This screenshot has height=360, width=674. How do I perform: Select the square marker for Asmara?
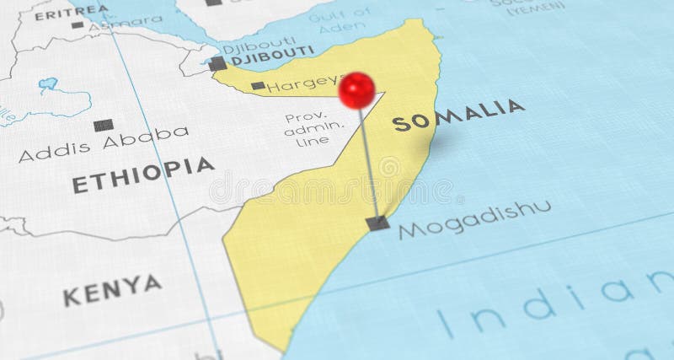coord(78,24)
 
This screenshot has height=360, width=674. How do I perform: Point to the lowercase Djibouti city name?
coord(266,41)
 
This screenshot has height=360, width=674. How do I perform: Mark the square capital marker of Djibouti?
coord(218,63)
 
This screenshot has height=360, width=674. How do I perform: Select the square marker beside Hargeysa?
coord(258,85)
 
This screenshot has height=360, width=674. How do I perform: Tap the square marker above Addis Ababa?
coord(104,124)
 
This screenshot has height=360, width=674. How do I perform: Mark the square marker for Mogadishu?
coord(378,223)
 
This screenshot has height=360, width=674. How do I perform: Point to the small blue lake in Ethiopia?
coord(48,85)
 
